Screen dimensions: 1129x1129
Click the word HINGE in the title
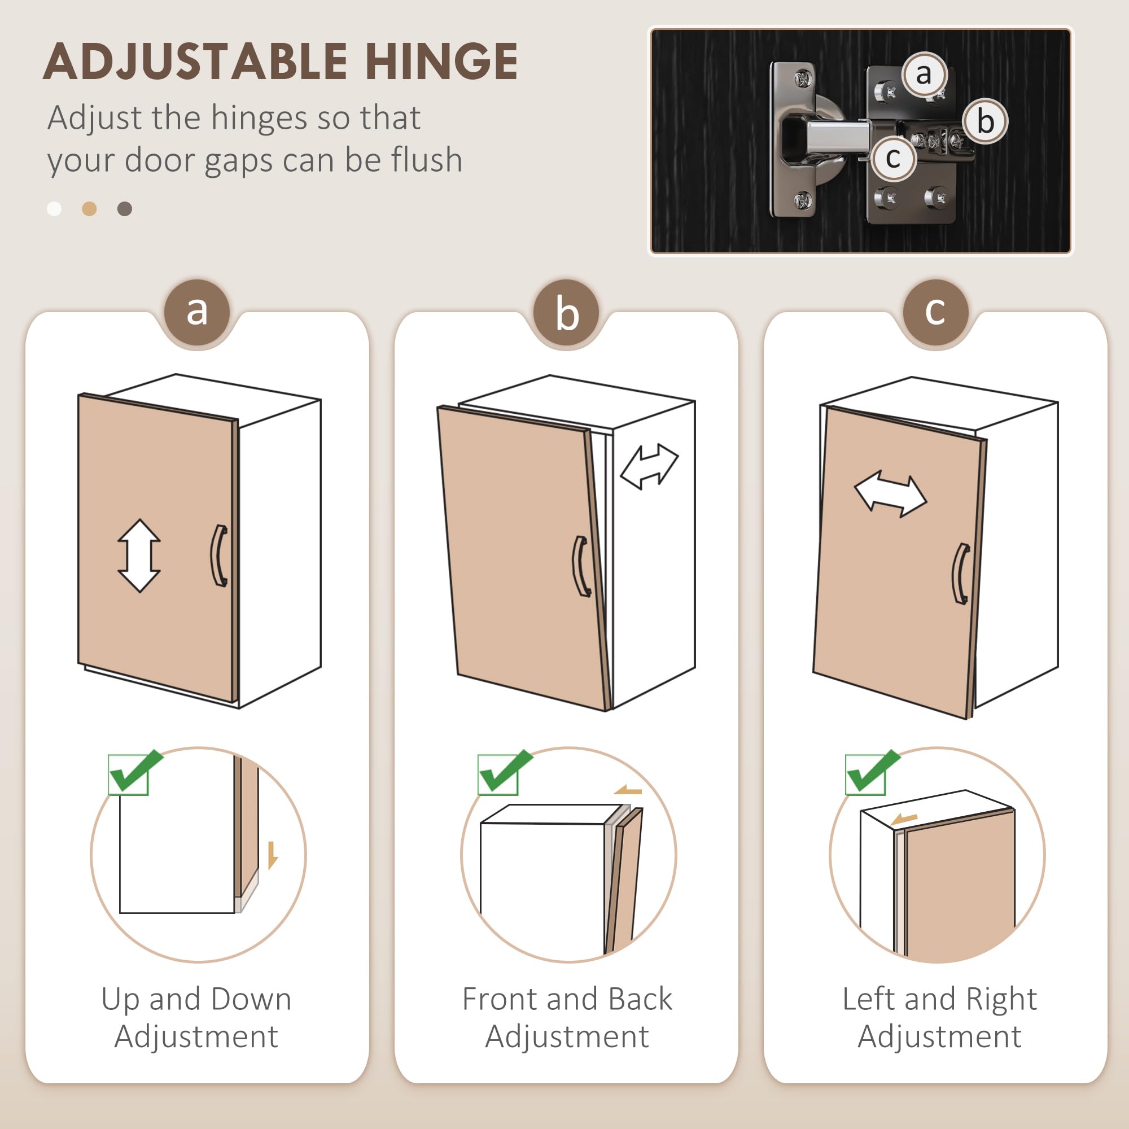pos(441,62)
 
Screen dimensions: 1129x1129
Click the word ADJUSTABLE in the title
pos(195,62)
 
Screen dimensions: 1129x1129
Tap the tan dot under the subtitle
pos(89,209)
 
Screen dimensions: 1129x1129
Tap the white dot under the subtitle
pos(54,209)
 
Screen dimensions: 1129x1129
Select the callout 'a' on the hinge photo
pos(924,74)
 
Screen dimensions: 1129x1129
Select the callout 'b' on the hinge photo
pos(985,121)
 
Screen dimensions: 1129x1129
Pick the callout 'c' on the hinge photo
pos(892,158)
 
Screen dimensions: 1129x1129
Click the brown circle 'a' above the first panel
pos(197,311)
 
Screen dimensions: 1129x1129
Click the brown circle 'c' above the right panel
pos(935,311)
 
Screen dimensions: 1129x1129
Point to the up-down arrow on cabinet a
pos(139,555)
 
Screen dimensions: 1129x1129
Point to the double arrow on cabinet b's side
pos(649,466)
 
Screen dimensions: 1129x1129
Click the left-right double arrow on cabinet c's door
pos(890,495)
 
